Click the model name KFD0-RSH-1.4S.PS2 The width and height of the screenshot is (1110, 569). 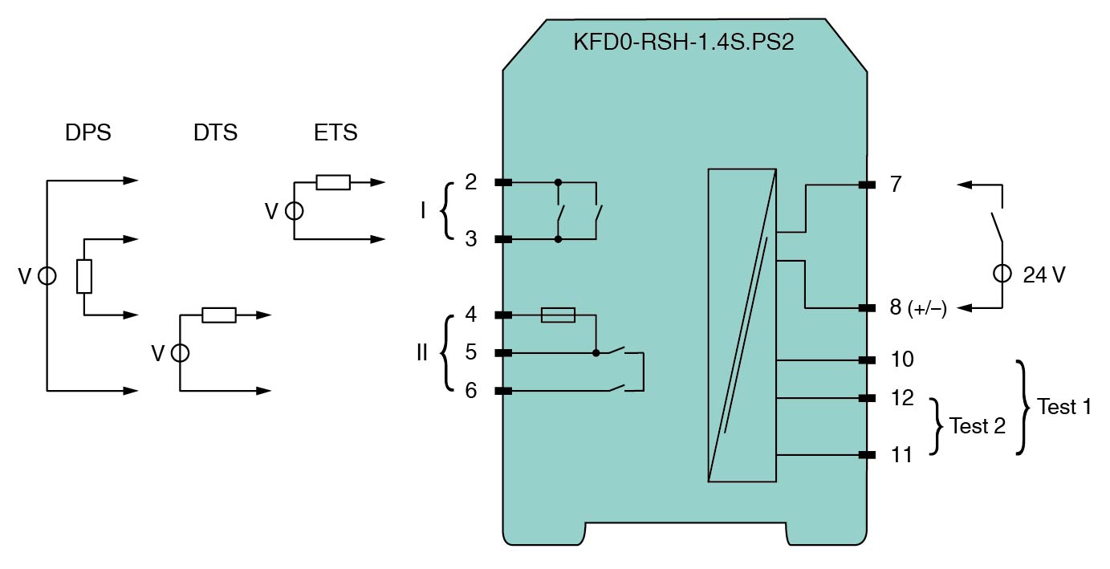[683, 43]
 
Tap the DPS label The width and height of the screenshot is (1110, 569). [88, 132]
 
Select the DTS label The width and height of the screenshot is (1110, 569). [215, 132]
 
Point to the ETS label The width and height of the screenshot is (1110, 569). [335, 132]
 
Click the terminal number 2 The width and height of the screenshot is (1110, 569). [471, 182]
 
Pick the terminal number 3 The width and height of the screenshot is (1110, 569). [471, 239]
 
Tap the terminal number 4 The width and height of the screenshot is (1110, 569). [471, 315]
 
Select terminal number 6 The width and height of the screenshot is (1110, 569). [471, 391]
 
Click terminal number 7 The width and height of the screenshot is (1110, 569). [896, 185]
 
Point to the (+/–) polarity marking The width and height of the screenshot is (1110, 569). [927, 310]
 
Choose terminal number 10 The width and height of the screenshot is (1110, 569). [902, 359]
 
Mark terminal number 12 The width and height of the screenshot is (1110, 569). [902, 397]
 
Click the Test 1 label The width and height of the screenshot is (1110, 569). [1064, 407]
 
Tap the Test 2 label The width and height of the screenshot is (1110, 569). [977, 426]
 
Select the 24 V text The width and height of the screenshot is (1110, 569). [1044, 275]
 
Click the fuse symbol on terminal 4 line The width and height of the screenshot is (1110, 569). [559, 315]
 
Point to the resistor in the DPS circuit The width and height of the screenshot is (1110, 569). [84, 277]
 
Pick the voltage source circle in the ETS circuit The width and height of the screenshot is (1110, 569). [295, 211]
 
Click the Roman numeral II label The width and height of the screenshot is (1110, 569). [422, 352]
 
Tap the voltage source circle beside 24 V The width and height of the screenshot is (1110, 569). [1002, 274]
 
